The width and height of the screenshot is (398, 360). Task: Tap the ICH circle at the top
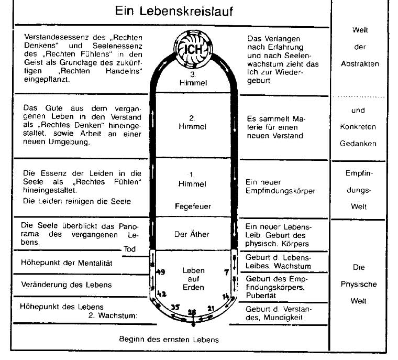coord(192,50)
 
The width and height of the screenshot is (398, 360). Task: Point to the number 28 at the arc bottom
coord(192,312)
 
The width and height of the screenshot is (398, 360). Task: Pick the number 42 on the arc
coord(162,294)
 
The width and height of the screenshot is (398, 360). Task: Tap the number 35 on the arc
coord(175,307)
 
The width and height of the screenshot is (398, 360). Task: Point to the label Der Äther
coord(192,234)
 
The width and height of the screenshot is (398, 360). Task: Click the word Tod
coord(129,249)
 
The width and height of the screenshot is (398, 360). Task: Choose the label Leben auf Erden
coord(192,279)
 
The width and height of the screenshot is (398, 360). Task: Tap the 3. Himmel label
coord(193,79)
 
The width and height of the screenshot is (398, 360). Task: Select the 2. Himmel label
coord(193,123)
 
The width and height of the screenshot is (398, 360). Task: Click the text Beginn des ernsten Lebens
coord(169,339)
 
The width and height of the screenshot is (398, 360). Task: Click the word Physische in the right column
coord(358,284)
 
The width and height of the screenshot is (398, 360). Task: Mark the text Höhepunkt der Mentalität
coord(67,262)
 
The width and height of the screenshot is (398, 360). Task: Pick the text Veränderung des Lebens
coord(66,285)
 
